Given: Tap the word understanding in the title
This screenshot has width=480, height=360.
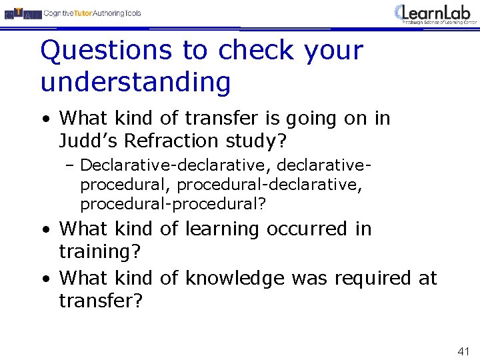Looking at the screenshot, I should tap(135, 82).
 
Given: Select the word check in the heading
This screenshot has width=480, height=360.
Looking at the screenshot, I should tap(256, 50).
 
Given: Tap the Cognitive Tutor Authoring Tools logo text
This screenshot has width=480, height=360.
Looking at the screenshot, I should tap(93, 13).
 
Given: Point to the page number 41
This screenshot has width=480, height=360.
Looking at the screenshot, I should tap(464, 351).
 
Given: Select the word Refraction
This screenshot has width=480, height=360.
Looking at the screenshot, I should tap(184, 141).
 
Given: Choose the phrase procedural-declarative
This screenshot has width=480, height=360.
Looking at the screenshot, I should tap(270, 184).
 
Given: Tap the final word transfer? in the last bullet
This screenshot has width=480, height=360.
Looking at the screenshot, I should tap(101, 301).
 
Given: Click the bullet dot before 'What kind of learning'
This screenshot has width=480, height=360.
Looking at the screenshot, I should tap(45, 229).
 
